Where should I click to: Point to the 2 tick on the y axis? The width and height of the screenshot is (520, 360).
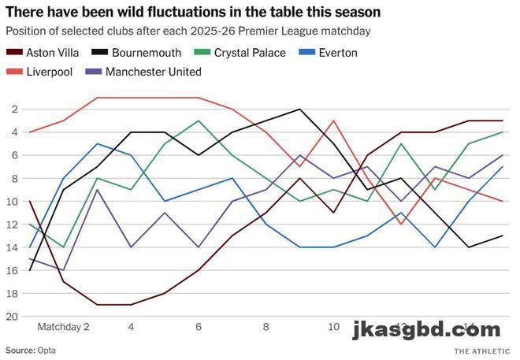(17, 109)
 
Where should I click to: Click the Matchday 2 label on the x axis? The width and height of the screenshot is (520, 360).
(63, 325)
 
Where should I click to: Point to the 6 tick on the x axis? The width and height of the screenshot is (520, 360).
(199, 325)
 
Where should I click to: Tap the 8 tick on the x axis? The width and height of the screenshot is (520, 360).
(266, 325)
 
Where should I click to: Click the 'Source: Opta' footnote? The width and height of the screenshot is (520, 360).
(31, 349)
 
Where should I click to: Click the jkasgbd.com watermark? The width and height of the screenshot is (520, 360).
(426, 328)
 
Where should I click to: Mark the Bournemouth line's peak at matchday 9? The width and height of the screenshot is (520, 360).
(299, 109)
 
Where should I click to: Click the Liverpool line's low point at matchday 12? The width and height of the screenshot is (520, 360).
(401, 224)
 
